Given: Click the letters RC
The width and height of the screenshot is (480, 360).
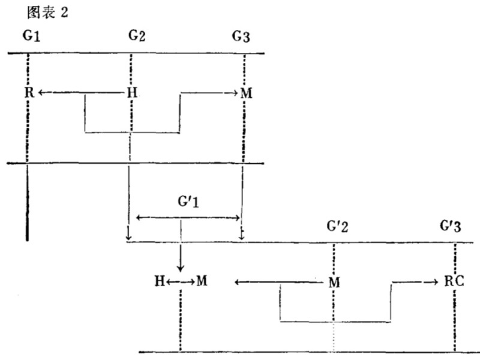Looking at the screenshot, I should pos(455,280).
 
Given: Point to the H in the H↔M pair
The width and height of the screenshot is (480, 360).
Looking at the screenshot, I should pos(160,280).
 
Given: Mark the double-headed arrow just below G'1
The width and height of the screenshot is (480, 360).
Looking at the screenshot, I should pos(188,217).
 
